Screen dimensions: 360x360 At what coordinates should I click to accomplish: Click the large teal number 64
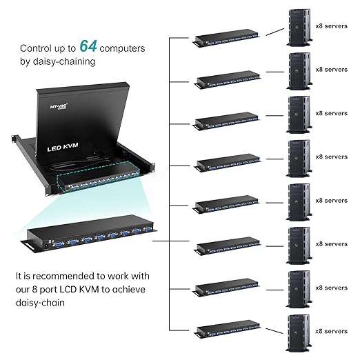tap(88, 46)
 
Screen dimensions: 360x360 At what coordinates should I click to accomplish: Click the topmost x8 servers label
tap(331, 26)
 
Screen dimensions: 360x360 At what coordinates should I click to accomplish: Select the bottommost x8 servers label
tap(331, 330)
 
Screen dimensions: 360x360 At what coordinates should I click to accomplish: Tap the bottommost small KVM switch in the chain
tap(228, 330)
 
